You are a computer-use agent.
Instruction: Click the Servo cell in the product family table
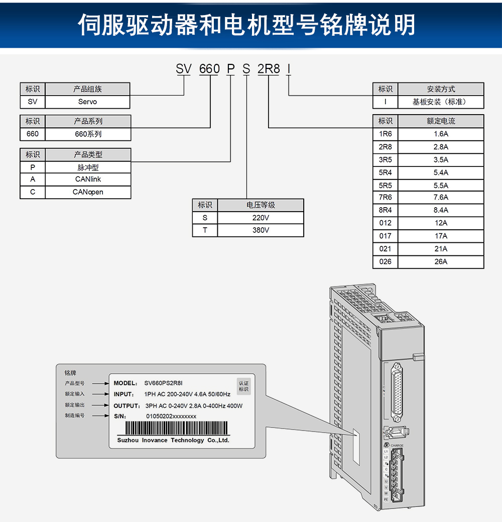(87, 102)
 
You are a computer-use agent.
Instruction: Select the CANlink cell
(88, 179)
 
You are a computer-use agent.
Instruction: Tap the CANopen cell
(88, 192)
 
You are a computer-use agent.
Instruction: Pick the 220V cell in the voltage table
(261, 218)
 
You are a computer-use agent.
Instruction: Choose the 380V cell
(261, 230)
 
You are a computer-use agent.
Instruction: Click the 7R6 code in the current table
(385, 198)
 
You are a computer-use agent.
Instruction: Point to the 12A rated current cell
(441, 223)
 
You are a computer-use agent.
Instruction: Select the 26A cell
(441, 262)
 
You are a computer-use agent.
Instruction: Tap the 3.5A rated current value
(441, 160)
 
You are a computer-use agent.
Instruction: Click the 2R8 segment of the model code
(269, 69)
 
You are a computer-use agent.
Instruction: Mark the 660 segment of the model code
(209, 69)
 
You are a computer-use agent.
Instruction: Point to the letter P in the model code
(230, 69)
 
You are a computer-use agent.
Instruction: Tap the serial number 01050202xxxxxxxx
(171, 416)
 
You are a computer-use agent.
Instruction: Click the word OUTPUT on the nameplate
(127, 405)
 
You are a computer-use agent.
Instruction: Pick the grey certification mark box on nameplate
(243, 386)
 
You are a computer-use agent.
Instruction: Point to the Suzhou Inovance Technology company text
(173, 440)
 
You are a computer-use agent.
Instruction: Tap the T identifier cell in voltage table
(205, 230)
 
